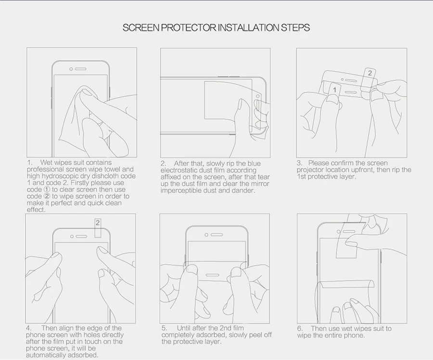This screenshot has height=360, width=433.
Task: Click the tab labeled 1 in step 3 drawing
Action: point(335,90)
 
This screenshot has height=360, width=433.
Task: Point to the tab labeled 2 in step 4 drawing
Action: point(98,228)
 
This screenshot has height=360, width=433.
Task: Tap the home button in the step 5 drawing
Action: point(213,275)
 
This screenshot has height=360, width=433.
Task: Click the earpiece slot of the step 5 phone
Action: point(217,235)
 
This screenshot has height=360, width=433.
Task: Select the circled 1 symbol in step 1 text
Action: point(47,190)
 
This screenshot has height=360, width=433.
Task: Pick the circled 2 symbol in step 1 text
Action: point(47,196)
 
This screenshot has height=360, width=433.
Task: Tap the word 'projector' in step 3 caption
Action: point(310,170)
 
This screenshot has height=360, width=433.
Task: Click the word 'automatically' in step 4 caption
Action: point(44,355)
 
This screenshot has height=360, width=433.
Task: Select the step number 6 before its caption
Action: point(300,329)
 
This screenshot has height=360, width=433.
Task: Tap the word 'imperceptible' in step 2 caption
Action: point(179,191)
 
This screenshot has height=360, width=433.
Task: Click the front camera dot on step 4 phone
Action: point(72,236)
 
